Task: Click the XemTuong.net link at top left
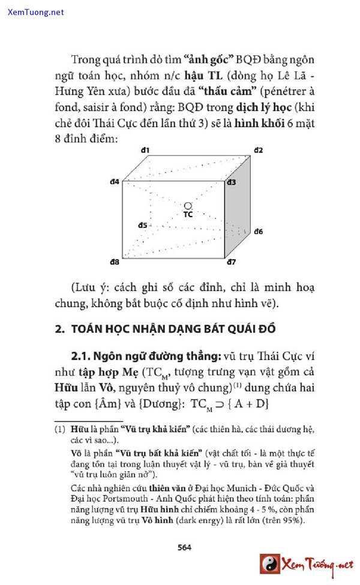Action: [35, 12]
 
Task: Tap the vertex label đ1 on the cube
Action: [145, 150]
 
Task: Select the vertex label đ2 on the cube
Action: [259, 150]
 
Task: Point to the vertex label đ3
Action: [231, 182]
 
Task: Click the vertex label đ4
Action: [114, 181]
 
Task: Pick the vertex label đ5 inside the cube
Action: [142, 225]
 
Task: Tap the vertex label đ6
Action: [259, 231]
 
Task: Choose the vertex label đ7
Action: [231, 262]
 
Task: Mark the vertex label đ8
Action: [114, 262]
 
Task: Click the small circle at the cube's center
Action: [188, 205]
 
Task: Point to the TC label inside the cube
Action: [188, 214]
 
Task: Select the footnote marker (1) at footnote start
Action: [59, 430]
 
